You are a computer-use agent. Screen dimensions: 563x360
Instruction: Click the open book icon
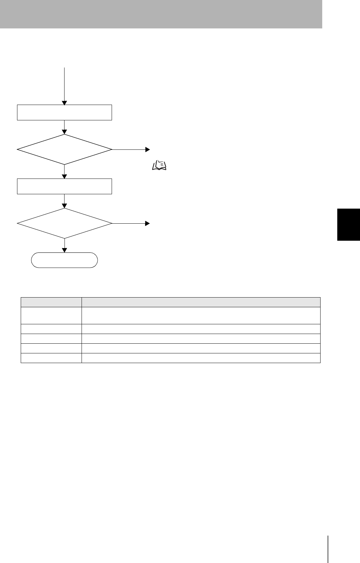coord(159,165)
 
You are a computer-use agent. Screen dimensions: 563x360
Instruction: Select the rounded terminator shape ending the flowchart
coord(65,260)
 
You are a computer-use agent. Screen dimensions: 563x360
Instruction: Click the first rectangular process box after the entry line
coord(65,112)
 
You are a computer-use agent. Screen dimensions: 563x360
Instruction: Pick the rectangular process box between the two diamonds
coord(65,186)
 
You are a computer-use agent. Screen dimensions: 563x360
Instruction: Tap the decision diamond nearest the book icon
coord(65,149)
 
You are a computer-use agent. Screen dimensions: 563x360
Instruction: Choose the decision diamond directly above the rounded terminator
coord(65,223)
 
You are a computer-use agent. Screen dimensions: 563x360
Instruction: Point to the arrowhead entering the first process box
coord(65,103)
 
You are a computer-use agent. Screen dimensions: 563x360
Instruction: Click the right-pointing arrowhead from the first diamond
coord(147,149)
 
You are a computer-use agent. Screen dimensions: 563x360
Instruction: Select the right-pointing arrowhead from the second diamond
coord(147,223)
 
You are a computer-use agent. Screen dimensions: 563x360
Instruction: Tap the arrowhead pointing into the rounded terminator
coord(65,250)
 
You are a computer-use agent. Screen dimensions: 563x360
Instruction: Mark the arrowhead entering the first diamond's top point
coord(65,132)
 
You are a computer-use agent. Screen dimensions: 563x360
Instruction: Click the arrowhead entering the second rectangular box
coord(65,177)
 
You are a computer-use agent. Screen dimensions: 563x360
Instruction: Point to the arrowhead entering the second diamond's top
coord(65,206)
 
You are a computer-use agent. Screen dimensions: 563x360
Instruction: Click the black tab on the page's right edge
coord(349,224)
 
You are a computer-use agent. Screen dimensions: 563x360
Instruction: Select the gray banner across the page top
coord(161,14)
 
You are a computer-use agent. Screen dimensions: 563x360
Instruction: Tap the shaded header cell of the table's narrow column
coord(51,302)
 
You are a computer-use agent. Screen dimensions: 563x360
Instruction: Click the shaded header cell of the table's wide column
coord(201,302)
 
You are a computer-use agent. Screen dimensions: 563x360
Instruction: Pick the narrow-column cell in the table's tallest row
coord(51,315)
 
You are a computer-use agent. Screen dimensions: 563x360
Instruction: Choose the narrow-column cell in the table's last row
coord(51,358)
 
